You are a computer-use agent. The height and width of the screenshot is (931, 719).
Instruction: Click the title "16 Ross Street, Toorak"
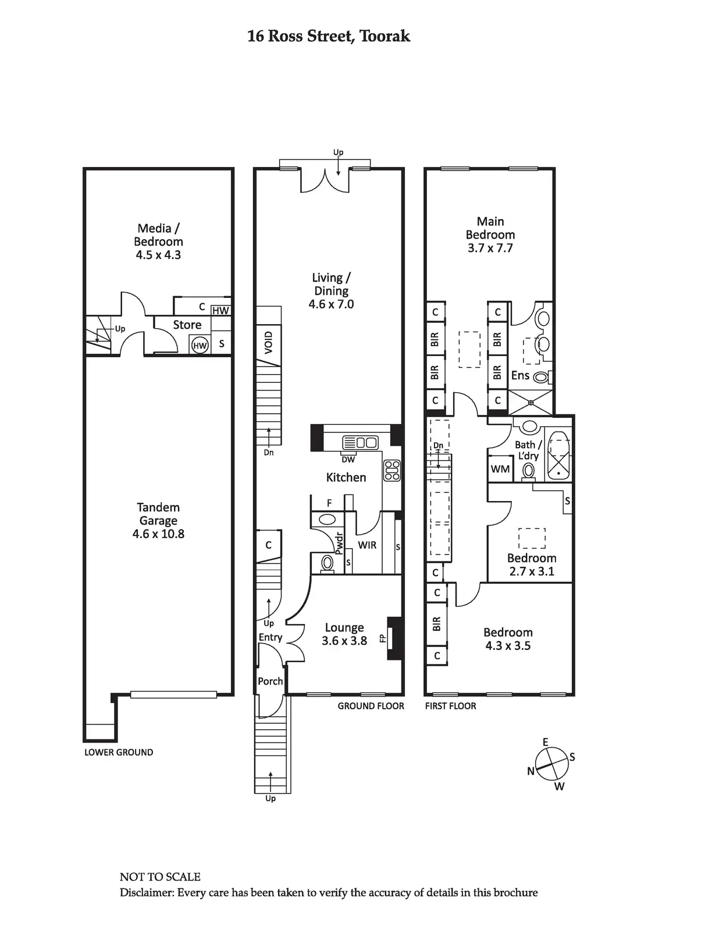tap(329, 36)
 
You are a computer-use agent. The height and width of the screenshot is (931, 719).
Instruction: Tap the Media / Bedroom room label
tap(158, 234)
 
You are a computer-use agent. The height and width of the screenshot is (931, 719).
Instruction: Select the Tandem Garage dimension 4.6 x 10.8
tap(158, 534)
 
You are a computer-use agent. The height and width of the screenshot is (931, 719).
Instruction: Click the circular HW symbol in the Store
tap(200, 345)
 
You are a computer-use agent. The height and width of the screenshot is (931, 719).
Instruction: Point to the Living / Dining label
tap(331, 284)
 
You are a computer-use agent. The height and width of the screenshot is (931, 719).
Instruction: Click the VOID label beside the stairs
tap(268, 343)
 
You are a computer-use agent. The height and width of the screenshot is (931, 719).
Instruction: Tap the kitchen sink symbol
tap(360, 442)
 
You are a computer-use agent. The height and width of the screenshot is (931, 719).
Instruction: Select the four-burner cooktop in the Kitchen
tap(392, 470)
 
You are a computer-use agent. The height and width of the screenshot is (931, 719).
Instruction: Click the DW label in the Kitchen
tap(348, 460)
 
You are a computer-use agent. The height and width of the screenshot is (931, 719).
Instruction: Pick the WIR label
tap(367, 545)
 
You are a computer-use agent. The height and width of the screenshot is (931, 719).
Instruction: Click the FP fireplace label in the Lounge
tap(383, 638)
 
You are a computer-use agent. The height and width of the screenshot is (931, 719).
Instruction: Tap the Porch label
tap(270, 681)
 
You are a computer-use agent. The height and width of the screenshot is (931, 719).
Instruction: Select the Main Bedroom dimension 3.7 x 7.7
tap(490, 248)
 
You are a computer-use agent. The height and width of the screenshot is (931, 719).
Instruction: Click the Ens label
tap(520, 375)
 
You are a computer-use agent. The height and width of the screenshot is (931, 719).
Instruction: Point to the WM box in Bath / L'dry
tap(500, 469)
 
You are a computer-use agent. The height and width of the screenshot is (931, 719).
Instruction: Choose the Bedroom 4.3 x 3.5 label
tap(508, 638)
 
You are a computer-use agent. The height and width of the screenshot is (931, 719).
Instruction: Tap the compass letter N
tap(531, 771)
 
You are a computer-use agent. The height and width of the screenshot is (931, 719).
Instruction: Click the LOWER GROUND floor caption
tap(119, 752)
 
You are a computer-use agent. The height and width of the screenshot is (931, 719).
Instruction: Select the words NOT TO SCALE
tap(160, 877)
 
